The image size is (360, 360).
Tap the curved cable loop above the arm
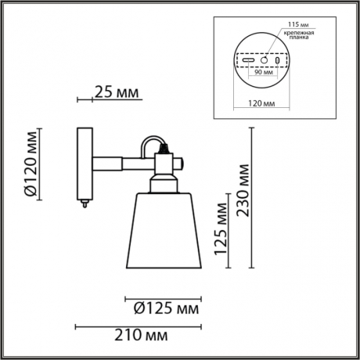click(x=149, y=142)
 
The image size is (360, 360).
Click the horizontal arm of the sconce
click(x=117, y=163)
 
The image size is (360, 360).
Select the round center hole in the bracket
click(x=265, y=60)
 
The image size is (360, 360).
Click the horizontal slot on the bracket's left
click(x=249, y=60)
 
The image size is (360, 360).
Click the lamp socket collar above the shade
click(x=164, y=183)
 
